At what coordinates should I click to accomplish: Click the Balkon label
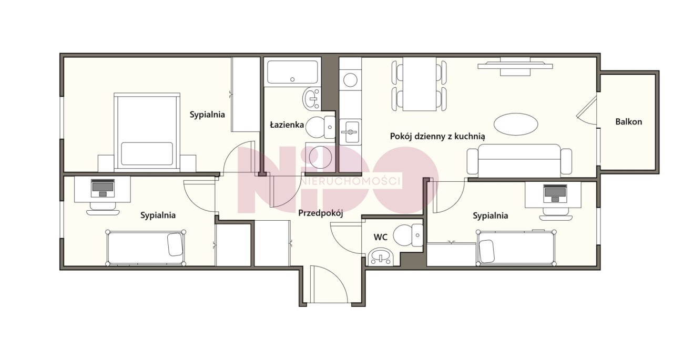click(x=628, y=122)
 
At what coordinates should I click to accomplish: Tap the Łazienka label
click(x=287, y=125)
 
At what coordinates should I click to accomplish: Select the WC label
click(x=380, y=237)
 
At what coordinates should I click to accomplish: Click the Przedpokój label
click(x=321, y=213)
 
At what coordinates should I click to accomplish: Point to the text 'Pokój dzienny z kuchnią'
click(x=437, y=136)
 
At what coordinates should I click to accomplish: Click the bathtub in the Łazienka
click(x=292, y=72)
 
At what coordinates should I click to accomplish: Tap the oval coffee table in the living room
click(x=516, y=124)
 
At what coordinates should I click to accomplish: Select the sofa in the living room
click(x=519, y=161)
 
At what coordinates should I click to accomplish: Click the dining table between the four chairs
click(x=420, y=84)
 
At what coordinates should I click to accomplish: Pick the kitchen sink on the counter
click(x=350, y=132)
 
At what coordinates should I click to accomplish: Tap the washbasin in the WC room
click(x=381, y=258)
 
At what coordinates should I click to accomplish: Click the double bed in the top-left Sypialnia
click(x=147, y=132)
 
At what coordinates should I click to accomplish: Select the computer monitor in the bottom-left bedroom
click(x=103, y=188)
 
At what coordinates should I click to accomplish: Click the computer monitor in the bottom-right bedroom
click(x=555, y=193)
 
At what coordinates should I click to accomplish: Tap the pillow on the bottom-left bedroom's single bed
click(x=175, y=244)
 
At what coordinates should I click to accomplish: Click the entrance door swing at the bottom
click(x=329, y=284)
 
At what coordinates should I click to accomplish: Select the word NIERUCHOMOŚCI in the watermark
click(x=351, y=181)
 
